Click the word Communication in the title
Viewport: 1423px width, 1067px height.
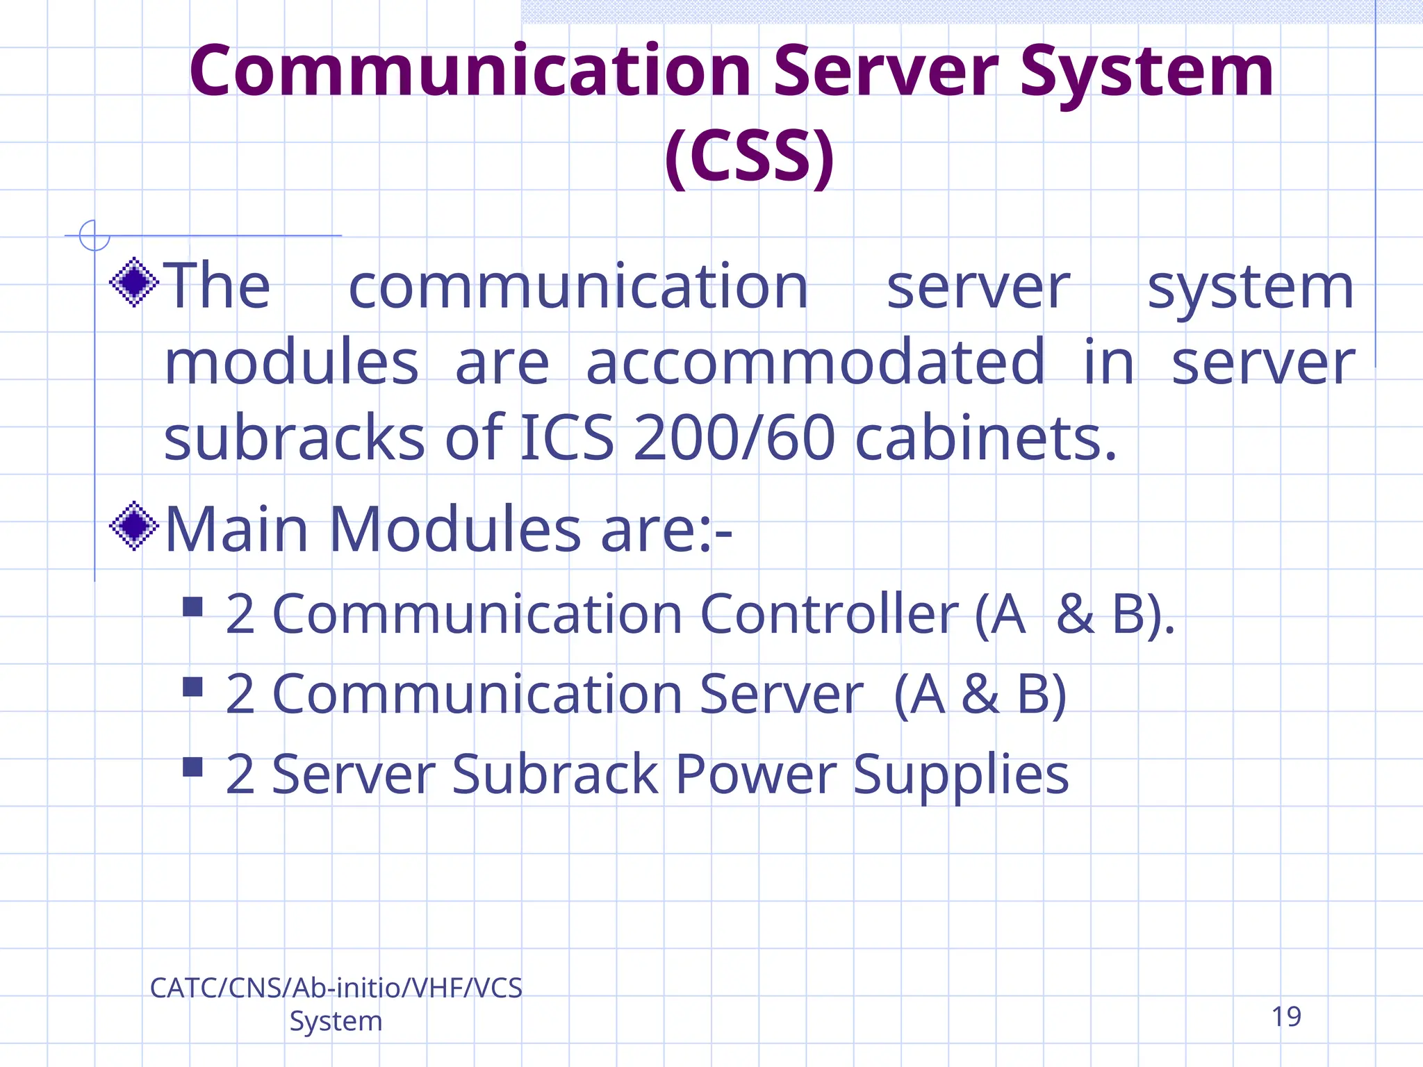click(x=470, y=72)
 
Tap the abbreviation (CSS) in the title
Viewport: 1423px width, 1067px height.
click(x=749, y=156)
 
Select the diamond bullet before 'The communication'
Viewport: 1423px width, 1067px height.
click(x=134, y=282)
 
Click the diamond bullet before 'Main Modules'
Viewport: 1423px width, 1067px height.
click(x=134, y=526)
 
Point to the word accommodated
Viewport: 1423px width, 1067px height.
click(x=815, y=362)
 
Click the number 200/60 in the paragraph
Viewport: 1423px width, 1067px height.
click(x=734, y=438)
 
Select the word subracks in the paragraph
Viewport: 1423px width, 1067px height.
click(x=294, y=438)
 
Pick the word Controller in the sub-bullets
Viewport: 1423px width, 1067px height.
click(x=829, y=614)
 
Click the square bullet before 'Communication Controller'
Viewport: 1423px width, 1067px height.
click(x=192, y=607)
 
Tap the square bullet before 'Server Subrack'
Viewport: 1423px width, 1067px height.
click(x=192, y=767)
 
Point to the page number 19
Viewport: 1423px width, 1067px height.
click(x=1286, y=1017)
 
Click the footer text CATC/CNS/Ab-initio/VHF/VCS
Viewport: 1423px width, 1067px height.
click(x=336, y=988)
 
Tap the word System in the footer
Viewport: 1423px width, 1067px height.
click(x=336, y=1021)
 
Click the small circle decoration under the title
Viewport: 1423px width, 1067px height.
click(x=94, y=235)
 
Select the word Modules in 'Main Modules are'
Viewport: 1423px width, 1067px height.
click(x=454, y=529)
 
